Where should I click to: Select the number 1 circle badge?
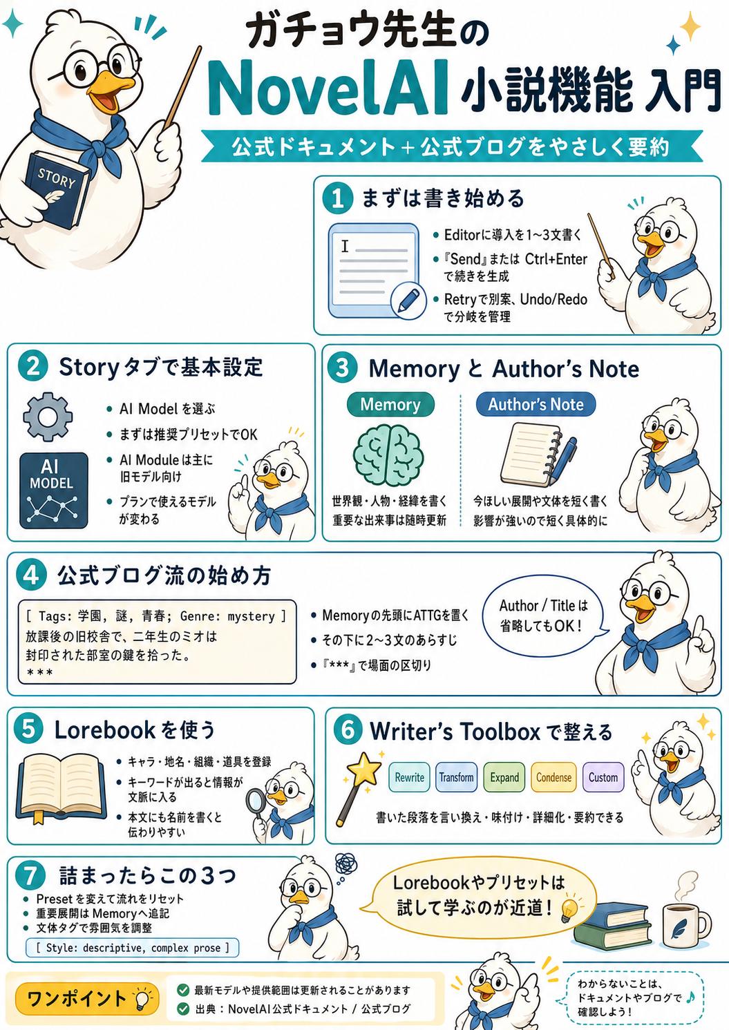(x=338, y=199)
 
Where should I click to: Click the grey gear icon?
(x=48, y=416)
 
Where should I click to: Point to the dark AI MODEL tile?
(x=53, y=490)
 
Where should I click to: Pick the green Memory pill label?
(x=390, y=404)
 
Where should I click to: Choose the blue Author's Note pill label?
(x=536, y=404)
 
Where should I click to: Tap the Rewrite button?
(x=409, y=776)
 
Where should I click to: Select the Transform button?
(x=456, y=776)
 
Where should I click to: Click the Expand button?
(x=504, y=776)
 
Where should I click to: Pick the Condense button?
(x=553, y=776)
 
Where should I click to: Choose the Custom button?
(x=603, y=776)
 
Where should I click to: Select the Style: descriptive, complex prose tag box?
(x=133, y=948)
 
